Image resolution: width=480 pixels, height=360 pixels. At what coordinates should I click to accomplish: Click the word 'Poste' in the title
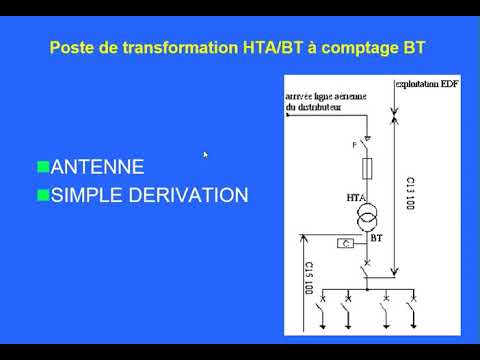(x=72, y=47)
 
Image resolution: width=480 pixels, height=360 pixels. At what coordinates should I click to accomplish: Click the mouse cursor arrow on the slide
(x=206, y=155)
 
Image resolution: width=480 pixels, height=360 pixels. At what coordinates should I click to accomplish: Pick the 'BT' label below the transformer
(x=376, y=239)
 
